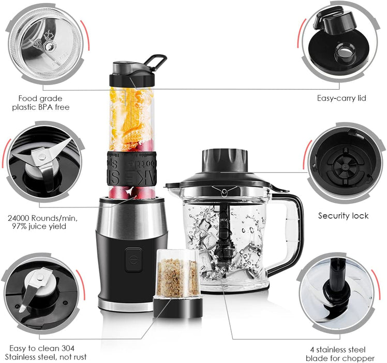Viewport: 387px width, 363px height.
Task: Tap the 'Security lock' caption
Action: (x=343, y=215)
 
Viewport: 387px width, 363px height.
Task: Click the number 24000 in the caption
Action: (x=24, y=218)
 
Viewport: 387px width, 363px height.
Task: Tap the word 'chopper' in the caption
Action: (x=359, y=358)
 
